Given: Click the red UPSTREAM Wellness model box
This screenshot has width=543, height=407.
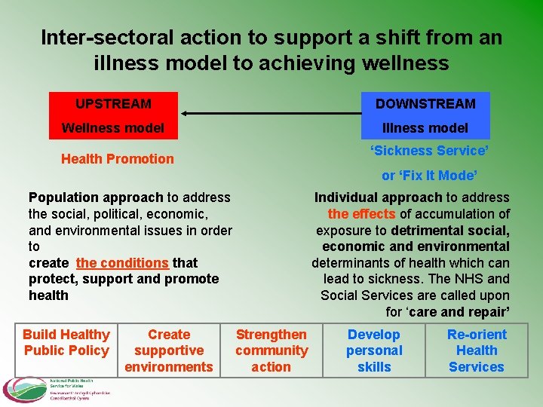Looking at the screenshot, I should coord(113,115).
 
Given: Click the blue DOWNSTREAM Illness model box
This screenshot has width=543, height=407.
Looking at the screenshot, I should coord(425,115).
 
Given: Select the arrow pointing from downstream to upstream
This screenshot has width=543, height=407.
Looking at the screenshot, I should coord(271,114).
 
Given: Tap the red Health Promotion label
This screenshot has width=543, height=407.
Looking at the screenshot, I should coord(117,159).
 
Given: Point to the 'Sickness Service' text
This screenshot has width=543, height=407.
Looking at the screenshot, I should coord(429,151).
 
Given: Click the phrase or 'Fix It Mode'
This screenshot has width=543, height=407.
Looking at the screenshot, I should coord(429,176).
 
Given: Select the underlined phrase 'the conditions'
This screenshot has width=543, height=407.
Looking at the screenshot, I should coord(122,263).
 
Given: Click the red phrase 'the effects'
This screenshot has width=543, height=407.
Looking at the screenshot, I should coord(361,214).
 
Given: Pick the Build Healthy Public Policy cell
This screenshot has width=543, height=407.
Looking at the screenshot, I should coord(66,342).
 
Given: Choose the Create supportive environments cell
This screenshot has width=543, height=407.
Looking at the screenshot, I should coord(169,350).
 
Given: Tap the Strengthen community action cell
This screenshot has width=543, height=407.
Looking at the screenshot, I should coord(271,350).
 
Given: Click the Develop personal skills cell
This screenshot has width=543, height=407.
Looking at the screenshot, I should coord(374,350).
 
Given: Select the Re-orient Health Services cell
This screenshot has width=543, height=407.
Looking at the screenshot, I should coord(477,350).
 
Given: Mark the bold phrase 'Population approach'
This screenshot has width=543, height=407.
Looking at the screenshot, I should coord(96,197).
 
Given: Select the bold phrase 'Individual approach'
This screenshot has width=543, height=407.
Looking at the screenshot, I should coord(378,197).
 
